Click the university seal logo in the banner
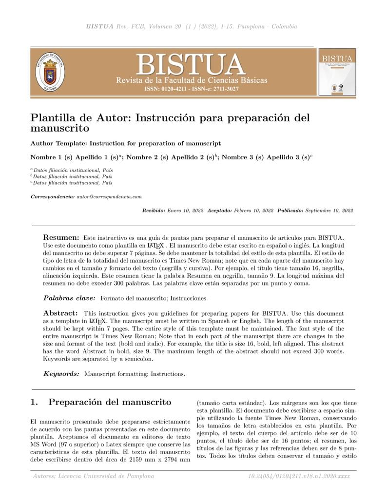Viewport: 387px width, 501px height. [x=50, y=72]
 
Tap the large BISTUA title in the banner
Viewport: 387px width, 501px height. [x=191, y=64]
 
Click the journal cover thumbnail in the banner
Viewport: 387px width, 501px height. [x=337, y=72]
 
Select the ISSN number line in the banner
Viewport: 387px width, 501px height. [x=192, y=89]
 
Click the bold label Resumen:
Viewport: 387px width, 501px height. [x=61, y=236]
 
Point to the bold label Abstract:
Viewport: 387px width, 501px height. [x=60, y=313]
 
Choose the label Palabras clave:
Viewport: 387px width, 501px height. [x=70, y=297]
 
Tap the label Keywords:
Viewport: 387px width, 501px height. [x=61, y=374]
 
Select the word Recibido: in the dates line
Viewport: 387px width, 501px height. [x=154, y=211]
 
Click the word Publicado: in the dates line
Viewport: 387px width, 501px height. [x=290, y=211]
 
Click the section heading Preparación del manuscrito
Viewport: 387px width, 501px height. [x=110, y=402]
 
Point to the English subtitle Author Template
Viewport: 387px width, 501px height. [x=125, y=143]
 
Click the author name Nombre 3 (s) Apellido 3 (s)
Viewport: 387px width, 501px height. [x=266, y=157]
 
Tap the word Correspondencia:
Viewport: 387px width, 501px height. [x=53, y=196]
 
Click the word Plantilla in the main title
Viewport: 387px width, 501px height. [x=52, y=118]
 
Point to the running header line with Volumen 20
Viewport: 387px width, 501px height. [x=191, y=26]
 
